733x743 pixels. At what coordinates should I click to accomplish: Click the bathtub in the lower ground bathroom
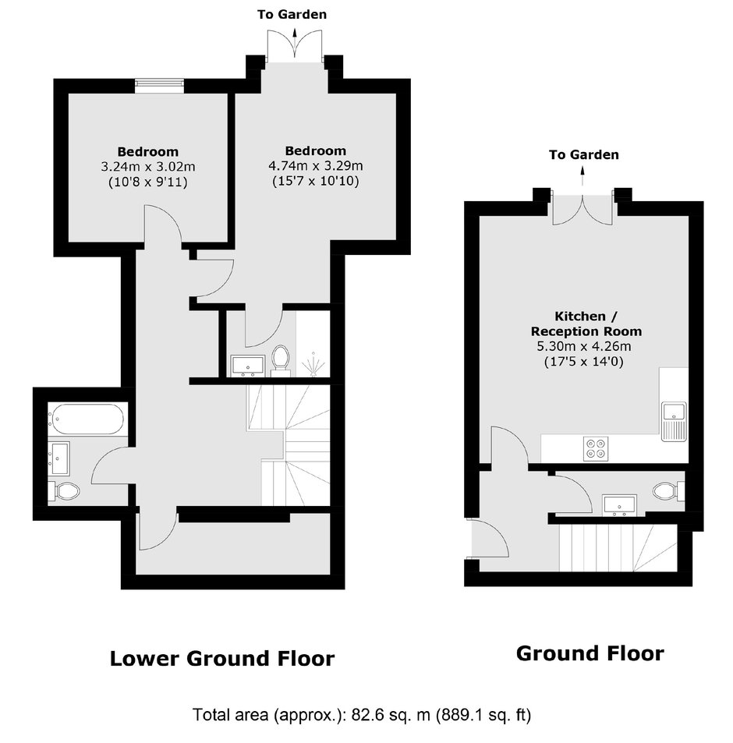pyautogui.click(x=87, y=419)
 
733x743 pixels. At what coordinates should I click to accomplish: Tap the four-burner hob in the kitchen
pyautogui.click(x=596, y=449)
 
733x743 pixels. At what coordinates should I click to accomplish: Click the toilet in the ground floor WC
pyautogui.click(x=668, y=491)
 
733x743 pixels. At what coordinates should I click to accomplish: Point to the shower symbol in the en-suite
pyautogui.click(x=313, y=364)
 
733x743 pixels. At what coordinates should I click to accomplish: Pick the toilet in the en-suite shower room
pyautogui.click(x=281, y=361)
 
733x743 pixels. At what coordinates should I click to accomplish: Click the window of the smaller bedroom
pyautogui.click(x=159, y=86)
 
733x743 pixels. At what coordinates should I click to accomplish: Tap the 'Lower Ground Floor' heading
pyautogui.click(x=222, y=659)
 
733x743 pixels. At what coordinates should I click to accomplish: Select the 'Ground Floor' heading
pyautogui.click(x=590, y=653)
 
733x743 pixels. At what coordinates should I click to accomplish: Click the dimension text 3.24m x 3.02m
pyautogui.click(x=148, y=167)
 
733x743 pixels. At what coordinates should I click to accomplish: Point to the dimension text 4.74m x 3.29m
pyautogui.click(x=316, y=166)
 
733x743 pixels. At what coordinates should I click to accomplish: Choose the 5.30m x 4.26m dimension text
pyautogui.click(x=584, y=346)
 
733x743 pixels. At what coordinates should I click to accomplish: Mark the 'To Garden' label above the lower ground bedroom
pyautogui.click(x=292, y=15)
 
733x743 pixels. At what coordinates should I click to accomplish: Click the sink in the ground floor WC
pyautogui.click(x=620, y=504)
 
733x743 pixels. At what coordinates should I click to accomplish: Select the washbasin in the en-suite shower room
pyautogui.click(x=248, y=366)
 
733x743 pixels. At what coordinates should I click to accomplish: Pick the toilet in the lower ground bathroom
pyautogui.click(x=63, y=491)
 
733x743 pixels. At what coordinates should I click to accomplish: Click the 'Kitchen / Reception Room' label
pyautogui.click(x=586, y=324)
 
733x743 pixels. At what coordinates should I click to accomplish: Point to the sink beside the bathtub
pyautogui.click(x=59, y=458)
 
